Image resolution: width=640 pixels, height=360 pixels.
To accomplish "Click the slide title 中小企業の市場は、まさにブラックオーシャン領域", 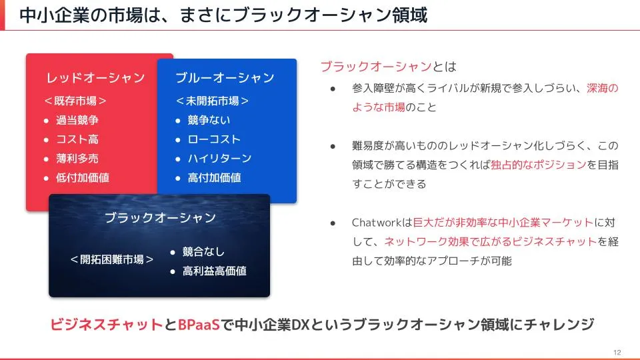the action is [x=223, y=15].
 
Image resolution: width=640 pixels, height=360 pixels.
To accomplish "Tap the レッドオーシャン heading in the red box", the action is [x=95, y=77].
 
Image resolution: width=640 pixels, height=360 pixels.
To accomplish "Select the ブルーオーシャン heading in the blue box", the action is [x=225, y=77].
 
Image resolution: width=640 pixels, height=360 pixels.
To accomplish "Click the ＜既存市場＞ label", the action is [x=75, y=101].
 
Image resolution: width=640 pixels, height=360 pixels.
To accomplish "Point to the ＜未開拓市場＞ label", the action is [x=212, y=101].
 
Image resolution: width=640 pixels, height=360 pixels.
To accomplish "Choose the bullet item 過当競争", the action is [x=77, y=120].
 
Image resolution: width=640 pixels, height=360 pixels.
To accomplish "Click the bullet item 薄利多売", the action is [x=77, y=159].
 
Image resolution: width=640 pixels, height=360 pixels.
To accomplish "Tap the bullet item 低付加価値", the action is [x=83, y=177].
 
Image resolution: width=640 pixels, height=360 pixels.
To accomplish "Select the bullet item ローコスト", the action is [x=214, y=139].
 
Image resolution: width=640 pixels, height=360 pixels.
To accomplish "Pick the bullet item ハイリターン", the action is [x=219, y=159].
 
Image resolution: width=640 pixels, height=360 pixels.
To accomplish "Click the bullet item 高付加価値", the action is [x=214, y=177].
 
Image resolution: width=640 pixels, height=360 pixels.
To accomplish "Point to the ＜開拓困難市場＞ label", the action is [x=112, y=259].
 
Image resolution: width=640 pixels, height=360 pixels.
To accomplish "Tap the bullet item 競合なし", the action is [x=203, y=252].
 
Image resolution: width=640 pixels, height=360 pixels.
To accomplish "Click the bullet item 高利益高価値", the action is [x=214, y=271].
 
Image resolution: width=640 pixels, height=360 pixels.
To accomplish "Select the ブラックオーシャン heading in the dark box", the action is [x=160, y=217].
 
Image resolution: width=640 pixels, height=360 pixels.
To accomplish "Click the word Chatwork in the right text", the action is [x=377, y=223].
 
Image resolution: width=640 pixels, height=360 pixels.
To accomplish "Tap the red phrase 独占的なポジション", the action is [x=539, y=165].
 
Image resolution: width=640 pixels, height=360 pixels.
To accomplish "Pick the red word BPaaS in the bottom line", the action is [x=199, y=325].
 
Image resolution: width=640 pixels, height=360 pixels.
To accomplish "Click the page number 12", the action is [x=617, y=352].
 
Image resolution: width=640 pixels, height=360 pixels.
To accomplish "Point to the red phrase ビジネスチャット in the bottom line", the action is [x=107, y=325].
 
